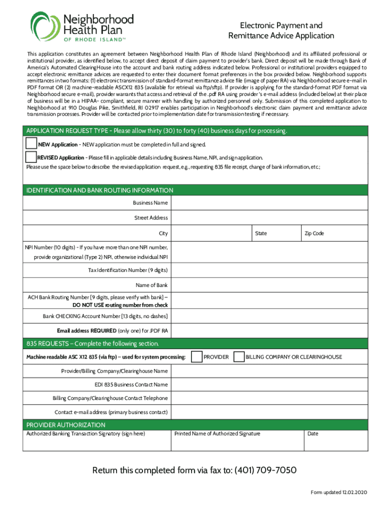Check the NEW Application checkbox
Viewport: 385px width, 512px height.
pos(31,144)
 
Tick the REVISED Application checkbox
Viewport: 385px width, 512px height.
pos(31,157)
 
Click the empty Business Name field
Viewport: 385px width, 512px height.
pos(270,203)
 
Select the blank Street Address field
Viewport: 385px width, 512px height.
pos(270,218)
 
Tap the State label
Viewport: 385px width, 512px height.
pos(261,233)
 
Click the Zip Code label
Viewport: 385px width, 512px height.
pos(314,233)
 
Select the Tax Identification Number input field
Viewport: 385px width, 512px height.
pos(270,270)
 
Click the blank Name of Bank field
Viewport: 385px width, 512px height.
pos(270,285)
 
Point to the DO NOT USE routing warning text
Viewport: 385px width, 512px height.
pos(120,304)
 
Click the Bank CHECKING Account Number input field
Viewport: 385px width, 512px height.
pos(270,316)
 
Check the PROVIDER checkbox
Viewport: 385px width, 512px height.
pos(197,356)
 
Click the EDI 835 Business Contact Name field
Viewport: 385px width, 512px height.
pos(270,384)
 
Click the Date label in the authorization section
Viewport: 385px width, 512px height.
pos(313,433)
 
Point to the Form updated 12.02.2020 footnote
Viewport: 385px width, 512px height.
pos(338,492)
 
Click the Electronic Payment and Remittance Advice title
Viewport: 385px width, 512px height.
pos(281,30)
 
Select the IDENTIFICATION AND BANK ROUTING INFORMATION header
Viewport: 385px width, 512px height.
pos(100,190)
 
